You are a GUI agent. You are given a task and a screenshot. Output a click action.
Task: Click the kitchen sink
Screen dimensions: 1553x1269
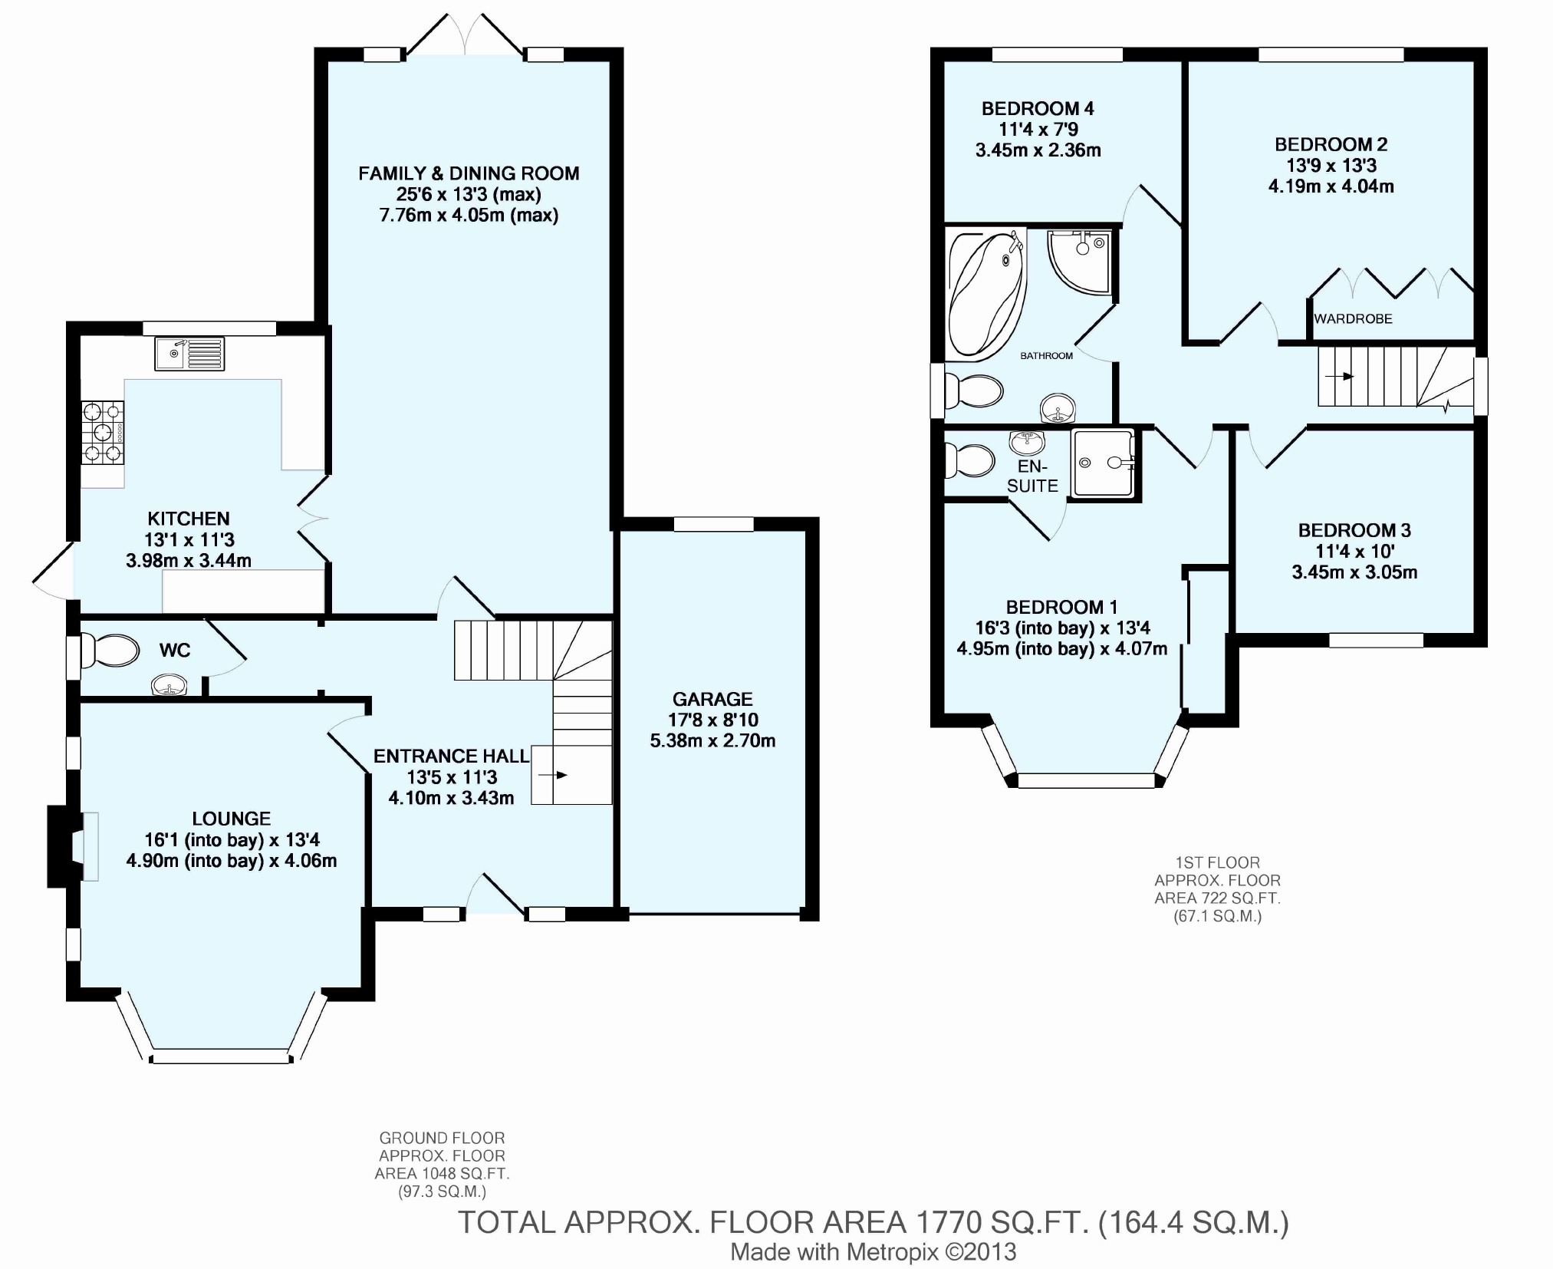[x=189, y=354]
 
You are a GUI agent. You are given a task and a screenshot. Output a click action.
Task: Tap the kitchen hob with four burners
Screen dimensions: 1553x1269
[x=103, y=433]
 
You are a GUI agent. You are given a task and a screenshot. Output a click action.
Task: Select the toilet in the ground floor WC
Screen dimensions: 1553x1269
[x=110, y=651]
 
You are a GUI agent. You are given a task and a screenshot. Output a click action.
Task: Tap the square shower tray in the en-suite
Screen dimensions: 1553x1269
[x=1103, y=463]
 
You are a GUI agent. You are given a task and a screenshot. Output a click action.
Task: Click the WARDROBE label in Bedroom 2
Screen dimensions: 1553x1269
[x=1353, y=318]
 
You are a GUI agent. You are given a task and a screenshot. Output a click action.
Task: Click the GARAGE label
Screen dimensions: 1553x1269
[x=712, y=699]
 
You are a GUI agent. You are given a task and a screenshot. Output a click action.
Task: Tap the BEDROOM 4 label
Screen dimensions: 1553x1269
[x=1038, y=109]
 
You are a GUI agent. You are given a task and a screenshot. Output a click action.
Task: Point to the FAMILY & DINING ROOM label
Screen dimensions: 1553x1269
[x=469, y=173]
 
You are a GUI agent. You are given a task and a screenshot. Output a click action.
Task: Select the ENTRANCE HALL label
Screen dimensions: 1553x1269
[x=451, y=756]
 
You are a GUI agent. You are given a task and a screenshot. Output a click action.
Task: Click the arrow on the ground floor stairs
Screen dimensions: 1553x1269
[x=553, y=775]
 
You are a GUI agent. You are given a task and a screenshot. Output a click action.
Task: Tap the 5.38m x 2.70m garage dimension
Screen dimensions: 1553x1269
[x=712, y=741]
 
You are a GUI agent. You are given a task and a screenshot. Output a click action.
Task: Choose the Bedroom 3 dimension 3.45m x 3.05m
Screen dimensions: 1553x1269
[x=1354, y=572]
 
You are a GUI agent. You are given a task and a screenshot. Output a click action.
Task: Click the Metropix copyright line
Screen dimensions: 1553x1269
[x=874, y=1251]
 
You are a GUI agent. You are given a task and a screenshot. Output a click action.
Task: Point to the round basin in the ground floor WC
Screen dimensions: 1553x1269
[x=169, y=684]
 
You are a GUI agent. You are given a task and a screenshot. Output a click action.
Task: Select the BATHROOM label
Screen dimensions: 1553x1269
[x=1046, y=356]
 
